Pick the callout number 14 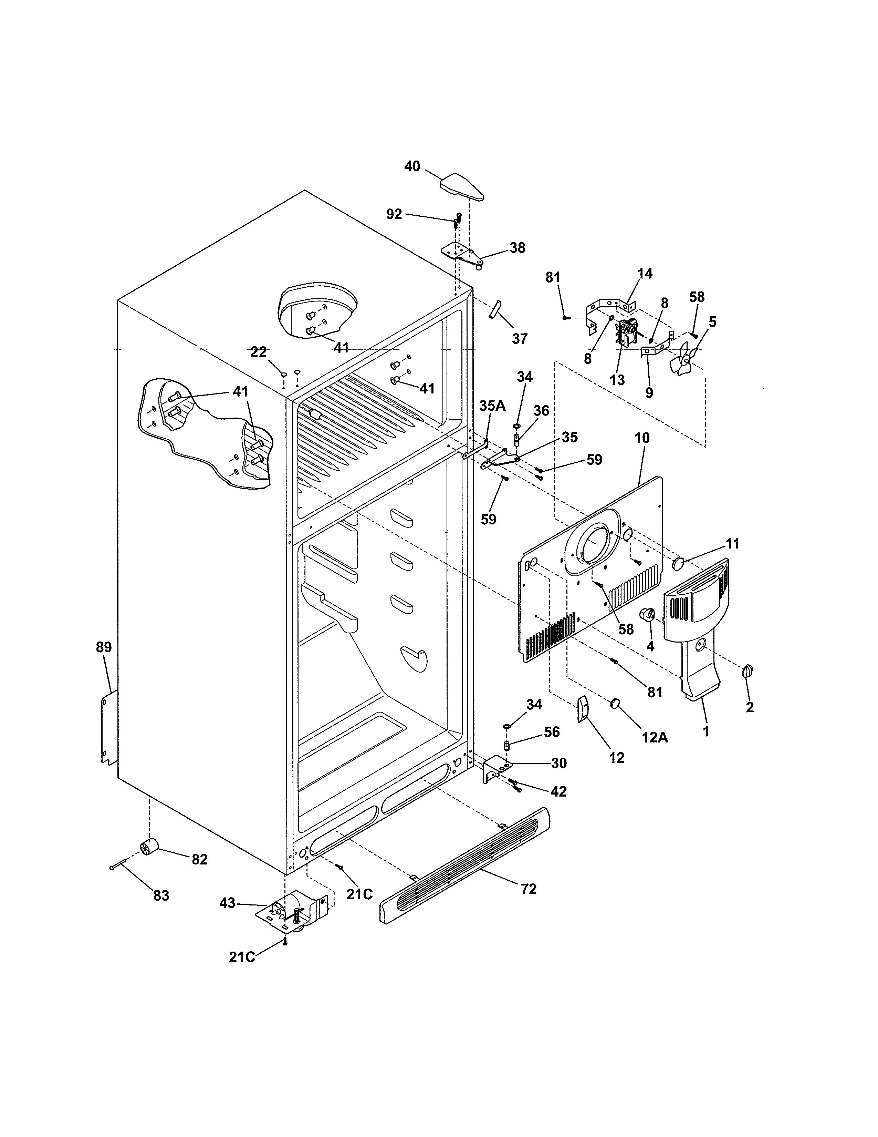click(x=645, y=273)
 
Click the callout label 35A click(x=492, y=406)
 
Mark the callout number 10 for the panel click(x=642, y=438)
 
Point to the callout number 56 click(x=551, y=732)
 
